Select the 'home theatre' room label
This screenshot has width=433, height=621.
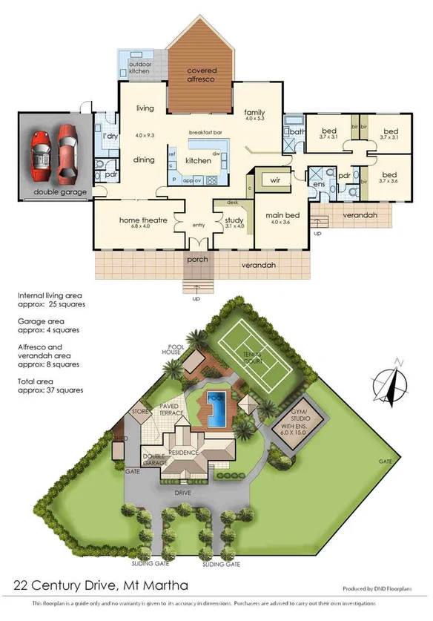pos(143,220)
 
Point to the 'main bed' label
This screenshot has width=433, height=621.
pos(282,216)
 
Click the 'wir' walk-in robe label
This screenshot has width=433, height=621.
pos(275,180)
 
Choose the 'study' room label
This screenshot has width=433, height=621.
pos(234,220)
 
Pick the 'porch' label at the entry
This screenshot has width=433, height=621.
pos(197,259)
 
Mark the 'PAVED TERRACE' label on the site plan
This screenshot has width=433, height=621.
pos(172,410)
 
